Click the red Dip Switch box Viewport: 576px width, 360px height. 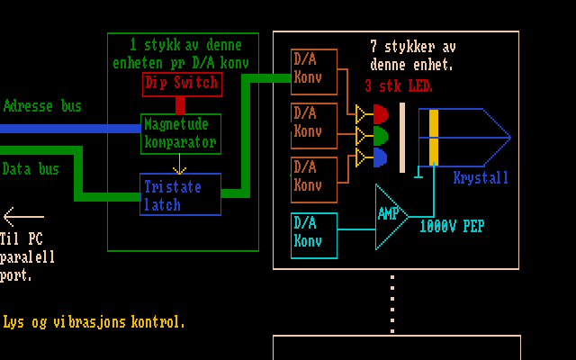coord(182,84)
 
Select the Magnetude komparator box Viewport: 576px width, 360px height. coord(180,133)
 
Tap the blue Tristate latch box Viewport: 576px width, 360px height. coord(180,194)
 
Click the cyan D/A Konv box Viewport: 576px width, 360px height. coord(314,235)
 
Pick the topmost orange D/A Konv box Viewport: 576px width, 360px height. coord(314,71)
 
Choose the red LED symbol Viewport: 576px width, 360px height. coord(381,114)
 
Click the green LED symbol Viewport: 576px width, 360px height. coord(381,136)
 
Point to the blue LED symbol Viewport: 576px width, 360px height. coord(381,157)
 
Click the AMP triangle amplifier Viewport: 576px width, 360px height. coord(391,216)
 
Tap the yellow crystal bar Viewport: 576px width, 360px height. coord(434,137)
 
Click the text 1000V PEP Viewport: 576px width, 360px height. coord(452,226)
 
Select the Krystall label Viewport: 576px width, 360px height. coord(481,177)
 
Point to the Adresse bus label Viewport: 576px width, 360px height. coord(42,106)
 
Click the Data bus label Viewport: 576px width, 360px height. coord(31,168)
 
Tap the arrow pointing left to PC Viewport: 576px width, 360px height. coord(22,216)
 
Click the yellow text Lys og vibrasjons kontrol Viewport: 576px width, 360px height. coord(94,321)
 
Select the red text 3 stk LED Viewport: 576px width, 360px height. coord(399,87)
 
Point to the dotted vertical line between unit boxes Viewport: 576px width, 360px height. coord(392,302)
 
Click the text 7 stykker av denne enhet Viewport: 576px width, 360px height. coord(413,55)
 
